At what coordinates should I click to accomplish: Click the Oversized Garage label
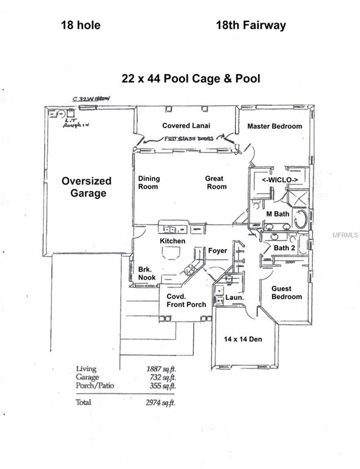point(86,187)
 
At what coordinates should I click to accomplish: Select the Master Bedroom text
point(274,126)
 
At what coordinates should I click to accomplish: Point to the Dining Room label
point(149,183)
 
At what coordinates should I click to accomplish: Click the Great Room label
point(216,183)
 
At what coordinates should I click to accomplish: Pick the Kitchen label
point(172,242)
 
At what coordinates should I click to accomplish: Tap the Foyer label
point(218,251)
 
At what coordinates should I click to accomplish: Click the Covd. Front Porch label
point(186,300)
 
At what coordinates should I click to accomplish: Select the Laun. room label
point(234,297)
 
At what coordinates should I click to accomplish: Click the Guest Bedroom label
point(282,293)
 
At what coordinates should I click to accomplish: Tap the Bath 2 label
point(284,248)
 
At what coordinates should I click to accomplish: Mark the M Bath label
point(277,214)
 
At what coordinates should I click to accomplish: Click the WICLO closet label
point(280,180)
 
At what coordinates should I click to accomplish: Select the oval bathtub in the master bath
point(301,219)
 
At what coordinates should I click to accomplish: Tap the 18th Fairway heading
point(251,26)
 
